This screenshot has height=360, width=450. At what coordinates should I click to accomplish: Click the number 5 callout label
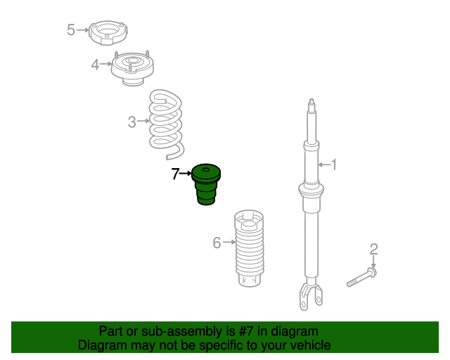tap(71, 30)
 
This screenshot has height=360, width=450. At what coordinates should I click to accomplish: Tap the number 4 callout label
tap(95, 65)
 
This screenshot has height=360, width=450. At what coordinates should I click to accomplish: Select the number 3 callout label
tap(131, 122)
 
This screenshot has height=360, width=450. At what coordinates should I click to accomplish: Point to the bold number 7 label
tap(175, 174)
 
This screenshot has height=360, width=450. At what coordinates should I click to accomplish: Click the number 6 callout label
tap(217, 243)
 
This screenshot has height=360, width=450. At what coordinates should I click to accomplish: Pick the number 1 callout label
tap(333, 165)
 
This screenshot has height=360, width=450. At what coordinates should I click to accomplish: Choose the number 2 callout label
tap(373, 250)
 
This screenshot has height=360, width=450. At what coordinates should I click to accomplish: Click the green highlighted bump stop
tap(206, 185)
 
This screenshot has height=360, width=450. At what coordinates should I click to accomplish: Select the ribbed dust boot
tap(249, 248)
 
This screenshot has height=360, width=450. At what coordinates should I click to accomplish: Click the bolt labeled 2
tap(361, 277)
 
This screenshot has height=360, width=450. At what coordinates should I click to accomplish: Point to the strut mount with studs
tap(132, 68)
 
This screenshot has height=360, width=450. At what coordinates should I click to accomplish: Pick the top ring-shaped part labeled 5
tap(108, 33)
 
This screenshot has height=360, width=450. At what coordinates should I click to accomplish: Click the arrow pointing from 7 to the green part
tap(186, 173)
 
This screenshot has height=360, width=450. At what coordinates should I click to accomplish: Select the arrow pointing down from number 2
tap(373, 262)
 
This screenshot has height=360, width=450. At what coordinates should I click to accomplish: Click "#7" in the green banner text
tap(246, 331)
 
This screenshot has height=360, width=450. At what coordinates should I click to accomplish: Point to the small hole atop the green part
tap(206, 170)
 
